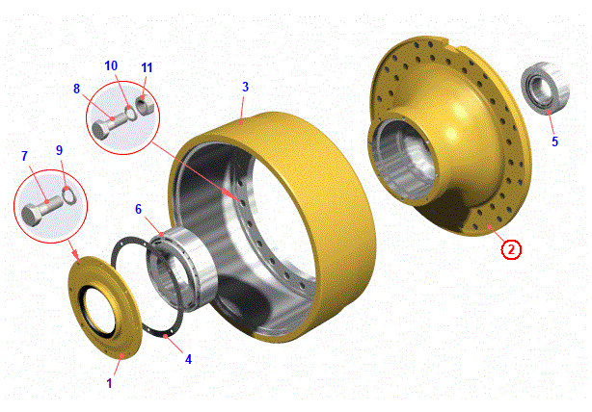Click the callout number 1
click(109, 383)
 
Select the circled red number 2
click(511, 249)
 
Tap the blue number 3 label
click(246, 87)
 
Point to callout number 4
click(188, 359)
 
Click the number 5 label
click(554, 142)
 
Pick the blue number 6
click(139, 210)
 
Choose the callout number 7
click(25, 156)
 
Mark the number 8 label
click(76, 89)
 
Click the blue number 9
click(59, 150)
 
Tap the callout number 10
click(111, 66)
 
